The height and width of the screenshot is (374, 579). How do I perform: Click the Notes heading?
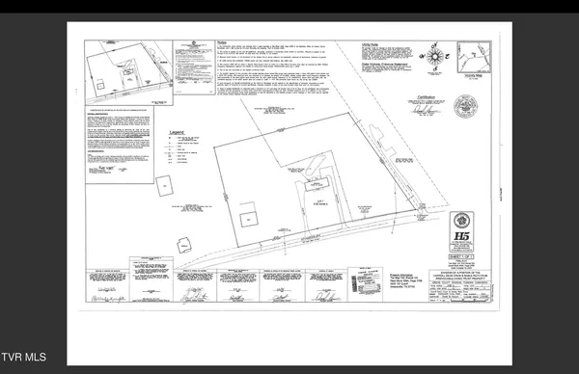[221, 42]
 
